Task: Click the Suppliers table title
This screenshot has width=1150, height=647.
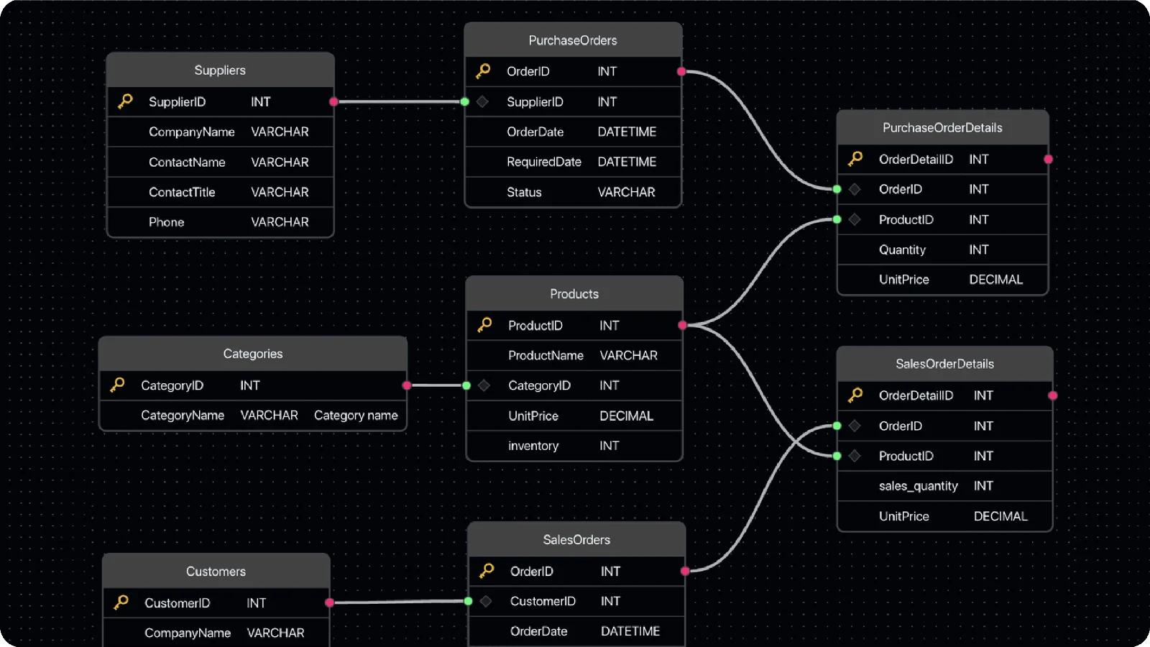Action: point(220,70)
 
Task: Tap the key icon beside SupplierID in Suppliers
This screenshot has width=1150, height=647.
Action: point(125,101)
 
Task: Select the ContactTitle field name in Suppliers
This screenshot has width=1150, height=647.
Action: point(182,192)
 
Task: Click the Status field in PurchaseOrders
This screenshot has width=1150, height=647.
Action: point(524,192)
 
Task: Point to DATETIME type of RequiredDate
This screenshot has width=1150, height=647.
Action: point(627,162)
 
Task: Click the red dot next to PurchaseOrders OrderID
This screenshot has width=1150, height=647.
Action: point(681,71)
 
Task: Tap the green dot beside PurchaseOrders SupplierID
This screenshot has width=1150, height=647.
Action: point(464,101)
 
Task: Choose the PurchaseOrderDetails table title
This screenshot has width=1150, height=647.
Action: point(942,127)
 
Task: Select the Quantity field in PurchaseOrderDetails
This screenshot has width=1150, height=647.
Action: point(902,249)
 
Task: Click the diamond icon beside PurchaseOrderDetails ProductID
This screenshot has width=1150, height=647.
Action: point(855,220)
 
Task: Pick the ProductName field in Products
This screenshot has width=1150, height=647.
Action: point(546,355)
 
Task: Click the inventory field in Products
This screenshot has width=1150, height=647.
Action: point(533,446)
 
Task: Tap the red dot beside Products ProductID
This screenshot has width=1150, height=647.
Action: point(682,325)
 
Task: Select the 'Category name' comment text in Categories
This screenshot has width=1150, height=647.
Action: point(356,415)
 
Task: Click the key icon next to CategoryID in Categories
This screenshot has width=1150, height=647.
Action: point(118,385)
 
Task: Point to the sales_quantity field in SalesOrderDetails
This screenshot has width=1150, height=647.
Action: point(918,486)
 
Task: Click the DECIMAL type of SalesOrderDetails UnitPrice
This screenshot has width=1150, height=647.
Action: point(1000,516)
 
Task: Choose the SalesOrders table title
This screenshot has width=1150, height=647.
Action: point(576,540)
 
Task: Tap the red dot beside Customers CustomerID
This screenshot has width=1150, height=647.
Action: point(330,602)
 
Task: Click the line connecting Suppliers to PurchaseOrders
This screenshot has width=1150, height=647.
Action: point(399,101)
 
